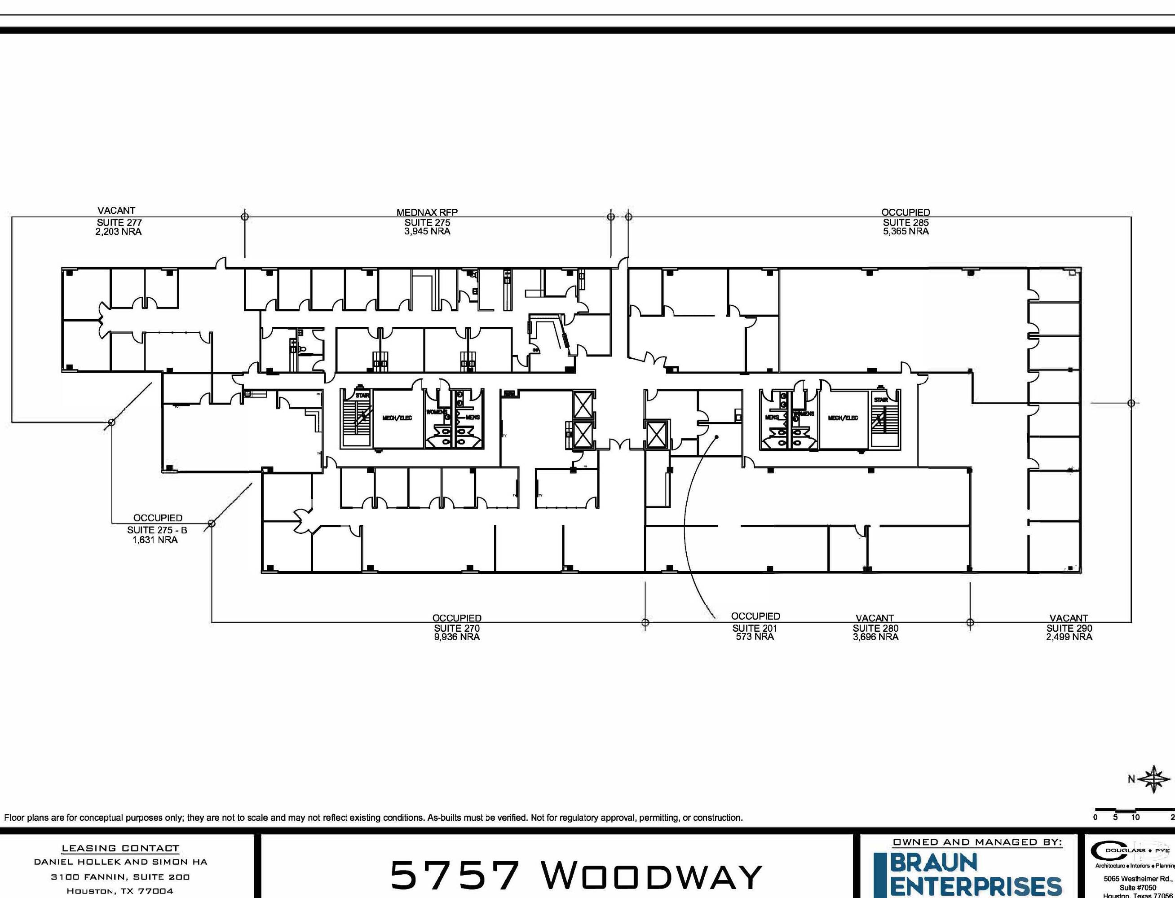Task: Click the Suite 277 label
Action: tap(119, 222)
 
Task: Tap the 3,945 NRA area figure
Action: tap(427, 231)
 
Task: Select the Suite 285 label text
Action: tap(906, 222)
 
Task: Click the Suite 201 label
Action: tap(754, 628)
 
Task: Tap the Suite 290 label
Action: tap(1069, 628)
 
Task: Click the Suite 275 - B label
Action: tap(157, 530)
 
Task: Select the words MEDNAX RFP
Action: tap(427, 212)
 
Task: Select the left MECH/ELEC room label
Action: tap(397, 418)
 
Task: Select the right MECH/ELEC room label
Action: tap(843, 418)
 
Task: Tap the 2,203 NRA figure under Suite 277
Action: tap(118, 231)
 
